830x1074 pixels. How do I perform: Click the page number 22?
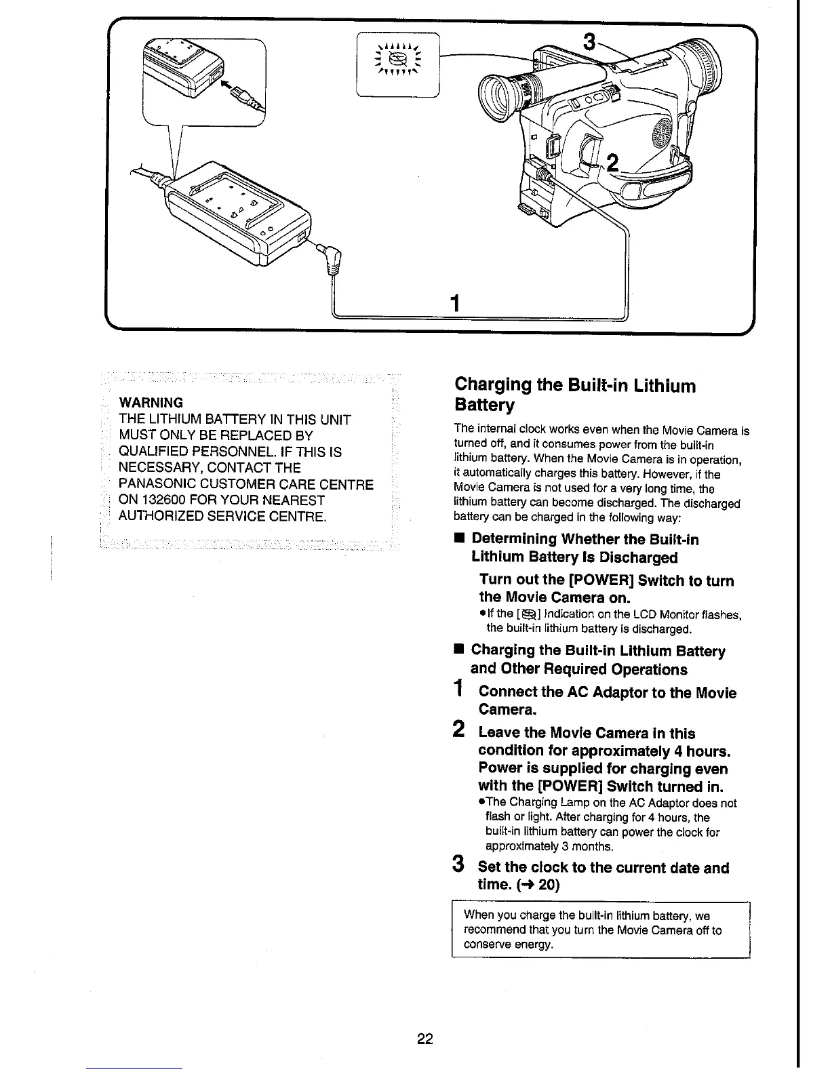tap(425, 1039)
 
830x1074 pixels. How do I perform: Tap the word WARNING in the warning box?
tap(151, 403)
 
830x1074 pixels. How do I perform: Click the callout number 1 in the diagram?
tap(456, 302)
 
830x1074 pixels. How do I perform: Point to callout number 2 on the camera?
tap(612, 163)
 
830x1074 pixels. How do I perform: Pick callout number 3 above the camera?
tap(589, 43)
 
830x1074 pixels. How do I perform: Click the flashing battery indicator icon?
tap(398, 61)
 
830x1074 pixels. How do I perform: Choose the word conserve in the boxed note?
tap(486, 944)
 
